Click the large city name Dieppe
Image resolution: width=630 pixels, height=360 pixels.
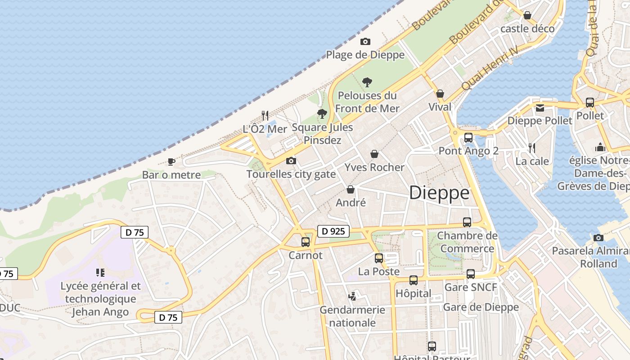pos(439,193)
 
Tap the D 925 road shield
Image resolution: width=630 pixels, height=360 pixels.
pos(333,231)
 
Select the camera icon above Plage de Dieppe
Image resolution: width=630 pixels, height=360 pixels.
pos(365,41)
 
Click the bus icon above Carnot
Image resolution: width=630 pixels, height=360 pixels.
pos(306,242)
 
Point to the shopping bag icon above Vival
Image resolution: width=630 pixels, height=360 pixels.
pos(440,94)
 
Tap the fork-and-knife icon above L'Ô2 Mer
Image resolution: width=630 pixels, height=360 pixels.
pos(265,116)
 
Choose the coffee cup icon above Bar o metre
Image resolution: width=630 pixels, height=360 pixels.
pos(171,162)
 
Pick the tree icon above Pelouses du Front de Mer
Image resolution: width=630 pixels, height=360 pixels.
pos(367,82)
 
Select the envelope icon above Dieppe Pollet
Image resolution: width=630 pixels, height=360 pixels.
pos(540,108)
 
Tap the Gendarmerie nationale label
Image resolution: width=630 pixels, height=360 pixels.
pos(352,316)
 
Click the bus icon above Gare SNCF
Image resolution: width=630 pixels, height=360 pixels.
pos(471,274)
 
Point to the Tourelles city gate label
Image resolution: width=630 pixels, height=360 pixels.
pos(291,174)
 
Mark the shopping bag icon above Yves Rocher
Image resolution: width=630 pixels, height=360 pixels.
pos(374,154)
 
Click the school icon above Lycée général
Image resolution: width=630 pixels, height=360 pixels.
pos(100,272)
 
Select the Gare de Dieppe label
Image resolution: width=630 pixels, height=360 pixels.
pos(481,307)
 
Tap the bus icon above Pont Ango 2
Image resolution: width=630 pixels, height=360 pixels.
pos(468,138)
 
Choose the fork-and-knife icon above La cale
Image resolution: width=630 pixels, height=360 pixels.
pos(532,148)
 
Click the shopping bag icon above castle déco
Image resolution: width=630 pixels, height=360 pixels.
pos(527,15)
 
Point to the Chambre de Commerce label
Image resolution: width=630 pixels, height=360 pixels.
pos(467,242)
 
